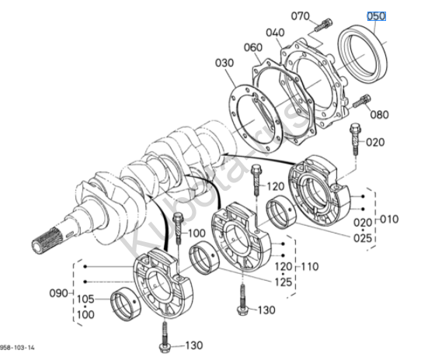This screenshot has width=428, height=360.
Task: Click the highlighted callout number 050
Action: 376,16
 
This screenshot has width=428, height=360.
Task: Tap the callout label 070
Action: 301,16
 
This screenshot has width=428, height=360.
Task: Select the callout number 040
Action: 275,33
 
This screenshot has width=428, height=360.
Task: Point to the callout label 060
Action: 253,47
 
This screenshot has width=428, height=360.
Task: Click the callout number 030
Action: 224,63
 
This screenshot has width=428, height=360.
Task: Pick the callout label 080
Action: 379,115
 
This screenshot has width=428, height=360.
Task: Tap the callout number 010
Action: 389,219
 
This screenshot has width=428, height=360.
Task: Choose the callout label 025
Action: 363,238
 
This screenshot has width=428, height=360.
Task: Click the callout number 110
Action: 310,266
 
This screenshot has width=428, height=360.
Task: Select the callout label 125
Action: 284,282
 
